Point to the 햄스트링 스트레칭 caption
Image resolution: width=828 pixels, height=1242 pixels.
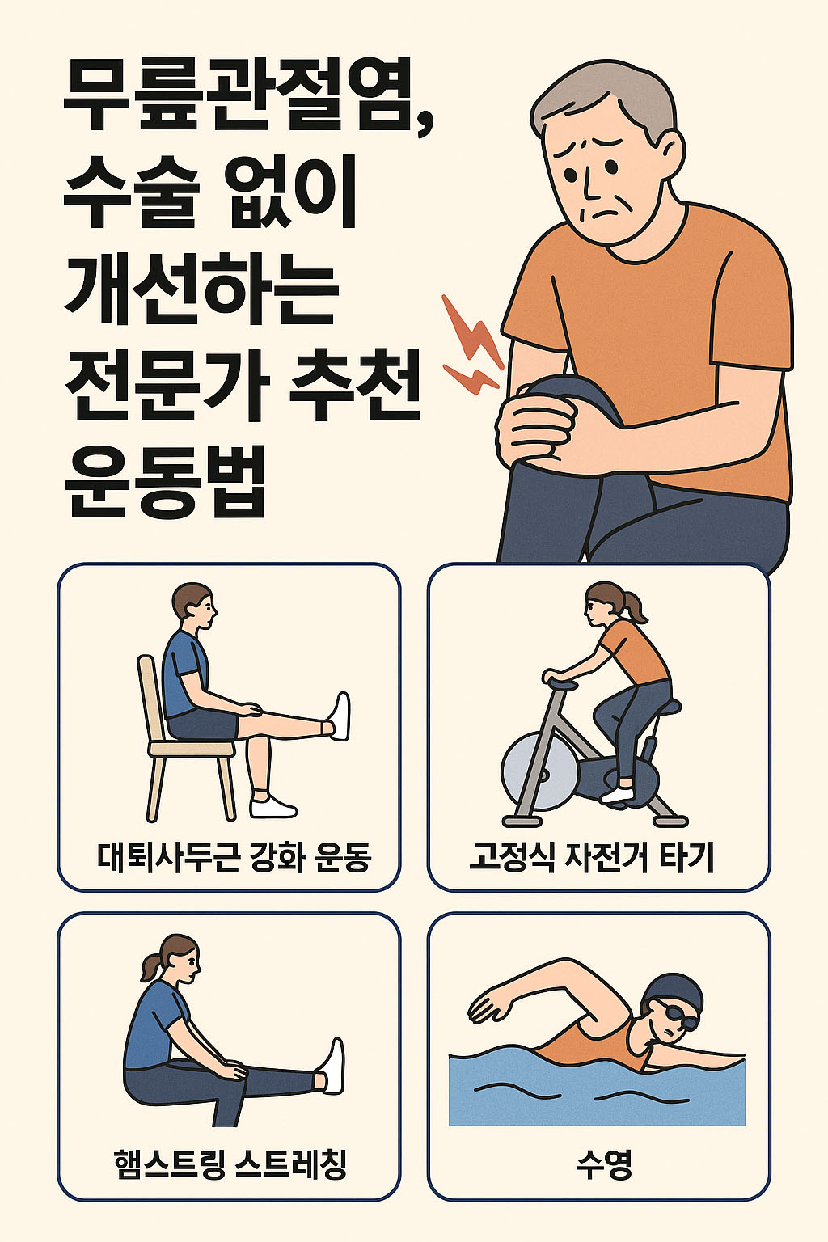[231, 1164]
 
